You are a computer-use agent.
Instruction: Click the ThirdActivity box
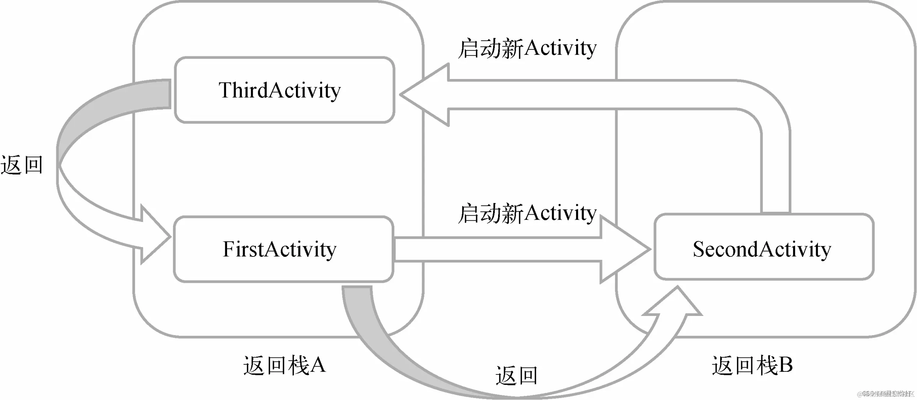284,90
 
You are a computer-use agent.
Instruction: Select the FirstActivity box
283,249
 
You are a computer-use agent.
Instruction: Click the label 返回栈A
284,365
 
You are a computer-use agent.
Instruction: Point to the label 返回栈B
752,365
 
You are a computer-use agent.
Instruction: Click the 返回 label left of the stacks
22,165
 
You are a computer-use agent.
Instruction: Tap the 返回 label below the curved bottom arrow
517,375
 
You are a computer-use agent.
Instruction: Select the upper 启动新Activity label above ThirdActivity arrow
527,48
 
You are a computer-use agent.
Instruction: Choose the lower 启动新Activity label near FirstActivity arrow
527,213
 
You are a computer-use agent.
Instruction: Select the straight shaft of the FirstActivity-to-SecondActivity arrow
497,249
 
